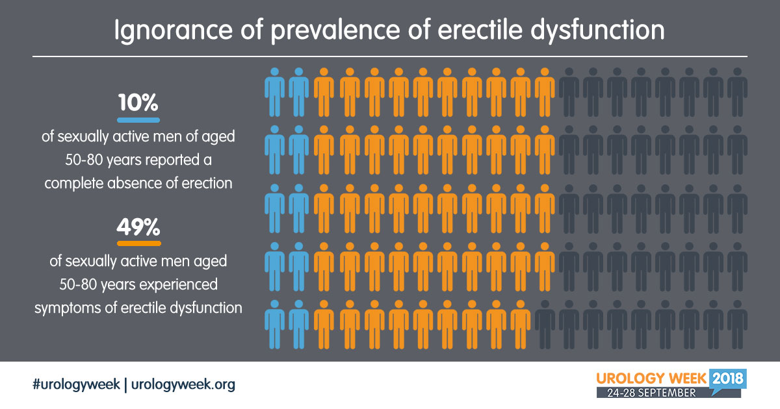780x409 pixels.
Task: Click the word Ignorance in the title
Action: point(174,31)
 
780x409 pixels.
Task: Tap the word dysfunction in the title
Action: point(597,31)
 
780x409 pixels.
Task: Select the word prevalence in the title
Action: point(335,31)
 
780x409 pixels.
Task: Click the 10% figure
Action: point(138,103)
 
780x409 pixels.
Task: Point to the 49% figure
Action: point(138,227)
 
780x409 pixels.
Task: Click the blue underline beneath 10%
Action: point(138,120)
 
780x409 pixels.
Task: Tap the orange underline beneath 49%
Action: point(139,243)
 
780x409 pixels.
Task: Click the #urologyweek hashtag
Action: point(76,384)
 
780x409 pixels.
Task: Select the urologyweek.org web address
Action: point(183,384)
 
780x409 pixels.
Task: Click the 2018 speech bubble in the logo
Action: point(727,380)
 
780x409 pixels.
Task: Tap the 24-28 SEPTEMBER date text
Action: point(651,393)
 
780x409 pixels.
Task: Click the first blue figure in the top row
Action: point(274,92)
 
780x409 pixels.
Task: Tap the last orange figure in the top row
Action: point(545,92)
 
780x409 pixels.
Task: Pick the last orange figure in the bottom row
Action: point(520,325)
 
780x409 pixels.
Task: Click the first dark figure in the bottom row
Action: point(545,325)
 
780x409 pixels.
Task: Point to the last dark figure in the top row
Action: point(737,92)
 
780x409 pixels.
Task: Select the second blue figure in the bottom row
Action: point(299,325)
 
